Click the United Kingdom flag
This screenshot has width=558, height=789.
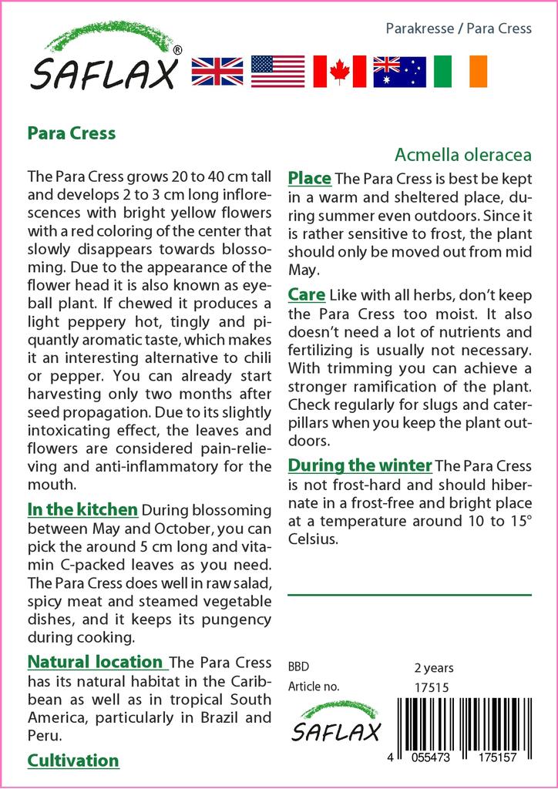click(217, 71)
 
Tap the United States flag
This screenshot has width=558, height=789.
click(277, 71)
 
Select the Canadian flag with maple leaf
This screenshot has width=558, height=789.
click(339, 71)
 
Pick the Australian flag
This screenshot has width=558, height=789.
click(399, 71)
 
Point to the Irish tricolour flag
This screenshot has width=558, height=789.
click(460, 71)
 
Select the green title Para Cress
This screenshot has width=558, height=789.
click(72, 133)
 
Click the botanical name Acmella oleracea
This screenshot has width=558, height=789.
click(462, 155)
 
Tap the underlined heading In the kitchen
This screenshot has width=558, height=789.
click(82, 509)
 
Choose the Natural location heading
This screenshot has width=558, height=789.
click(96, 662)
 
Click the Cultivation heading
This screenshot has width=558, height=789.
click(73, 761)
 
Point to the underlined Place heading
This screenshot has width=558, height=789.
click(309, 179)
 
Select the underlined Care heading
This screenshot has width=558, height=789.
click(306, 294)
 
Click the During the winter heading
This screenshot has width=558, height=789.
click(359, 465)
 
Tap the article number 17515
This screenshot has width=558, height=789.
click(432, 687)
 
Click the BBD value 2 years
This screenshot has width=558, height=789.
click(434, 668)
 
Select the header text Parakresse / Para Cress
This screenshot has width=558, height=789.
click(458, 29)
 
